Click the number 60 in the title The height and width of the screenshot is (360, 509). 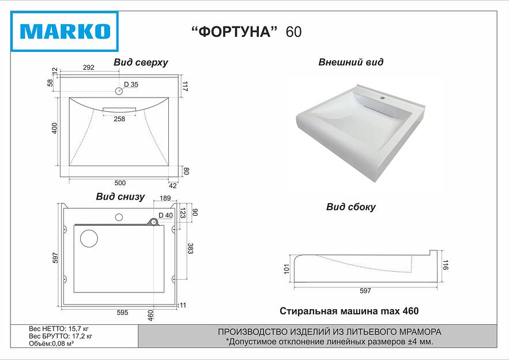[x=293, y=32]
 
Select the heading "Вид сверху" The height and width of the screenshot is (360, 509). [x=141, y=63]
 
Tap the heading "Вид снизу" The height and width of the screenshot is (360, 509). [x=120, y=197]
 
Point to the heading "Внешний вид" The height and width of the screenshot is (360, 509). [x=350, y=62]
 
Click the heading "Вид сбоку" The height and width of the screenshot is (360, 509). [x=350, y=207]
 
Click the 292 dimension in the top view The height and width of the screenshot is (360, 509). [x=88, y=68]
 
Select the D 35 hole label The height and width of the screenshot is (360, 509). [x=131, y=85]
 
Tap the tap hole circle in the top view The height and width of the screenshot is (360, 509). [x=119, y=91]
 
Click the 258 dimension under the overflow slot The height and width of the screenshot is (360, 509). [x=119, y=119]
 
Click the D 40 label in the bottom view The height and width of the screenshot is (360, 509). [x=165, y=215]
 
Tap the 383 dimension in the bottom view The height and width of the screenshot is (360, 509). [x=190, y=249]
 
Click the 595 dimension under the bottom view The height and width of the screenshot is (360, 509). [x=122, y=313]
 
